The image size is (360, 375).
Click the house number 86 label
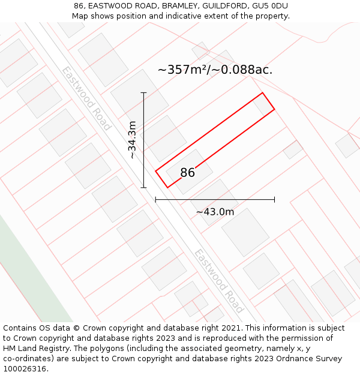[x=187, y=173]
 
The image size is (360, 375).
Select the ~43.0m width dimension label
[x=215, y=211]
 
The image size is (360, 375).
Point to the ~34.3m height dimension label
[x=133, y=140]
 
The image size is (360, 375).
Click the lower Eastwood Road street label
[x=218, y=281]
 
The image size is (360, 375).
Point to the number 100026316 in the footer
[x=24, y=368]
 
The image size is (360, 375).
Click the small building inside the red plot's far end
[x=262, y=105]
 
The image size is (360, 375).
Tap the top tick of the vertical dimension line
[x=143, y=93]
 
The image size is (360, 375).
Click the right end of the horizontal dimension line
[x=274, y=199]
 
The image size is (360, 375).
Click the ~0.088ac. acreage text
[x=246, y=70]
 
